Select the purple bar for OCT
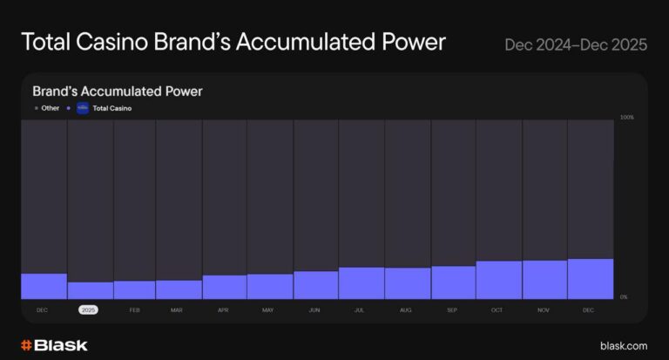[499, 280]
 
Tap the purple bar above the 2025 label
[91, 290]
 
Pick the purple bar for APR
[225, 287]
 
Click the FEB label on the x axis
[134, 310]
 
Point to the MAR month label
[177, 310]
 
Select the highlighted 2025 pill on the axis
[88, 310]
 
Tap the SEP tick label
[452, 310]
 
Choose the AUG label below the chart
[406, 310]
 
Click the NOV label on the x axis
[544, 310]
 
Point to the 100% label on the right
[626, 117]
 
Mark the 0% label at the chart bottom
[624, 297]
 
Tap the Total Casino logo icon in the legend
[83, 108]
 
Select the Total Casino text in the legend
[111, 108]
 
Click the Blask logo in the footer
[54, 345]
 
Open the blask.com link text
[624, 346]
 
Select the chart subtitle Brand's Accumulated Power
[118, 91]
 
